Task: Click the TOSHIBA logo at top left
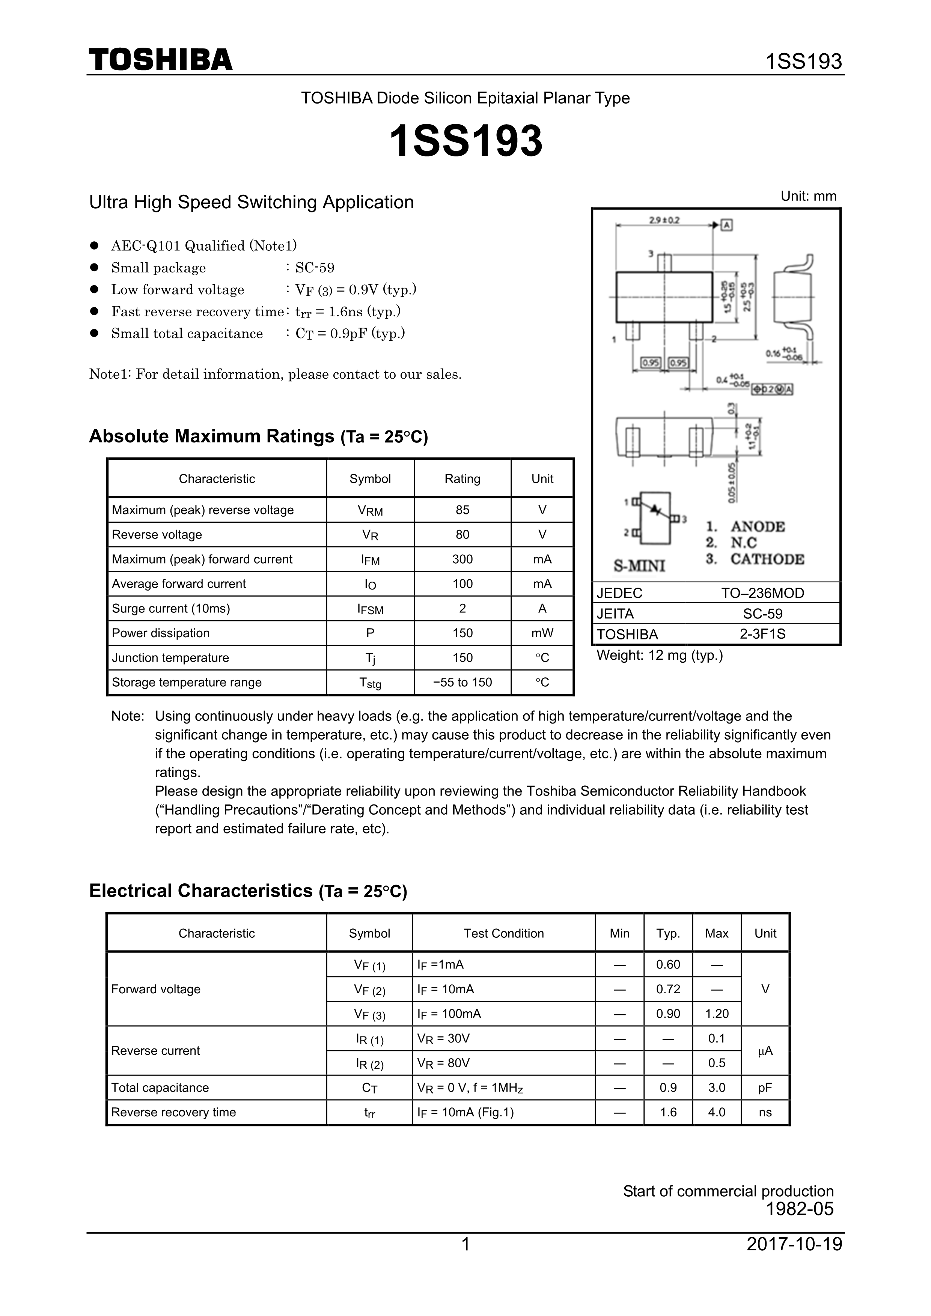tap(161, 60)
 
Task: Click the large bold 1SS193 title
tap(465, 141)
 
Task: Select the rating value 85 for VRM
tap(462, 510)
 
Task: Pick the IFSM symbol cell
tap(370, 609)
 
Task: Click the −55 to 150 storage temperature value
tap(462, 682)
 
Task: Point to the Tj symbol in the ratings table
tap(370, 658)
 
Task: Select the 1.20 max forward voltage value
tap(717, 1014)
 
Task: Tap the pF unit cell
tap(765, 1087)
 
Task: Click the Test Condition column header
tap(503, 933)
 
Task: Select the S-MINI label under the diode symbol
tap(639, 566)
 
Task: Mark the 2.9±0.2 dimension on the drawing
tap(664, 220)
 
